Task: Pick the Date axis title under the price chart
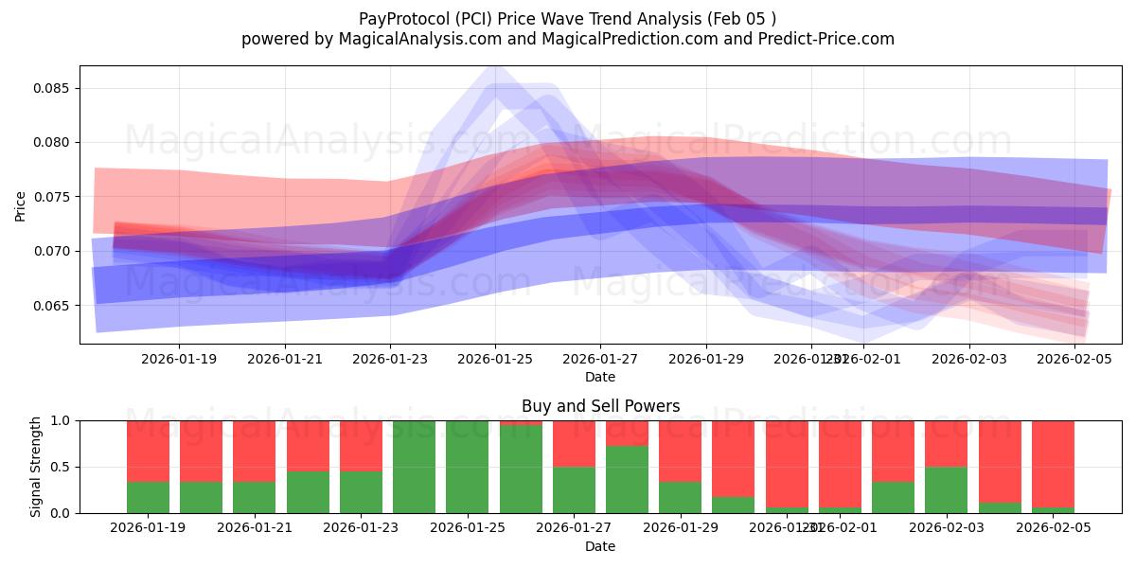[x=600, y=377]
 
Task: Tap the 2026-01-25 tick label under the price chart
[x=494, y=360]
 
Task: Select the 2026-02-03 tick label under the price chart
[x=968, y=360]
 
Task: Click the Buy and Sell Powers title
[x=600, y=407]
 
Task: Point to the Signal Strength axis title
[x=36, y=467]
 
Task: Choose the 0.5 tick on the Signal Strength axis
[x=62, y=467]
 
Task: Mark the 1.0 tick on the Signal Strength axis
[x=62, y=420]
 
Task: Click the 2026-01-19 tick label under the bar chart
[x=148, y=528]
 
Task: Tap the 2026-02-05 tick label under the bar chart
[x=1053, y=528]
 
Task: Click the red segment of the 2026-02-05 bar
[x=1053, y=463]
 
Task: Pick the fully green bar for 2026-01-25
[x=468, y=467]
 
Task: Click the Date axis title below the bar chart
[x=600, y=546]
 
